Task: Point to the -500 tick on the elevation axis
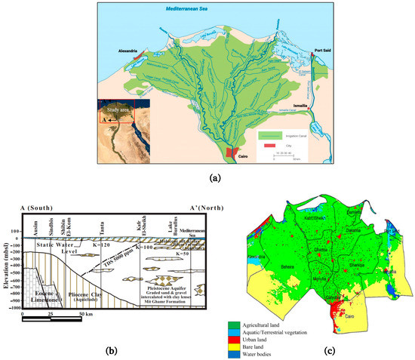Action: (x=15, y=272)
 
